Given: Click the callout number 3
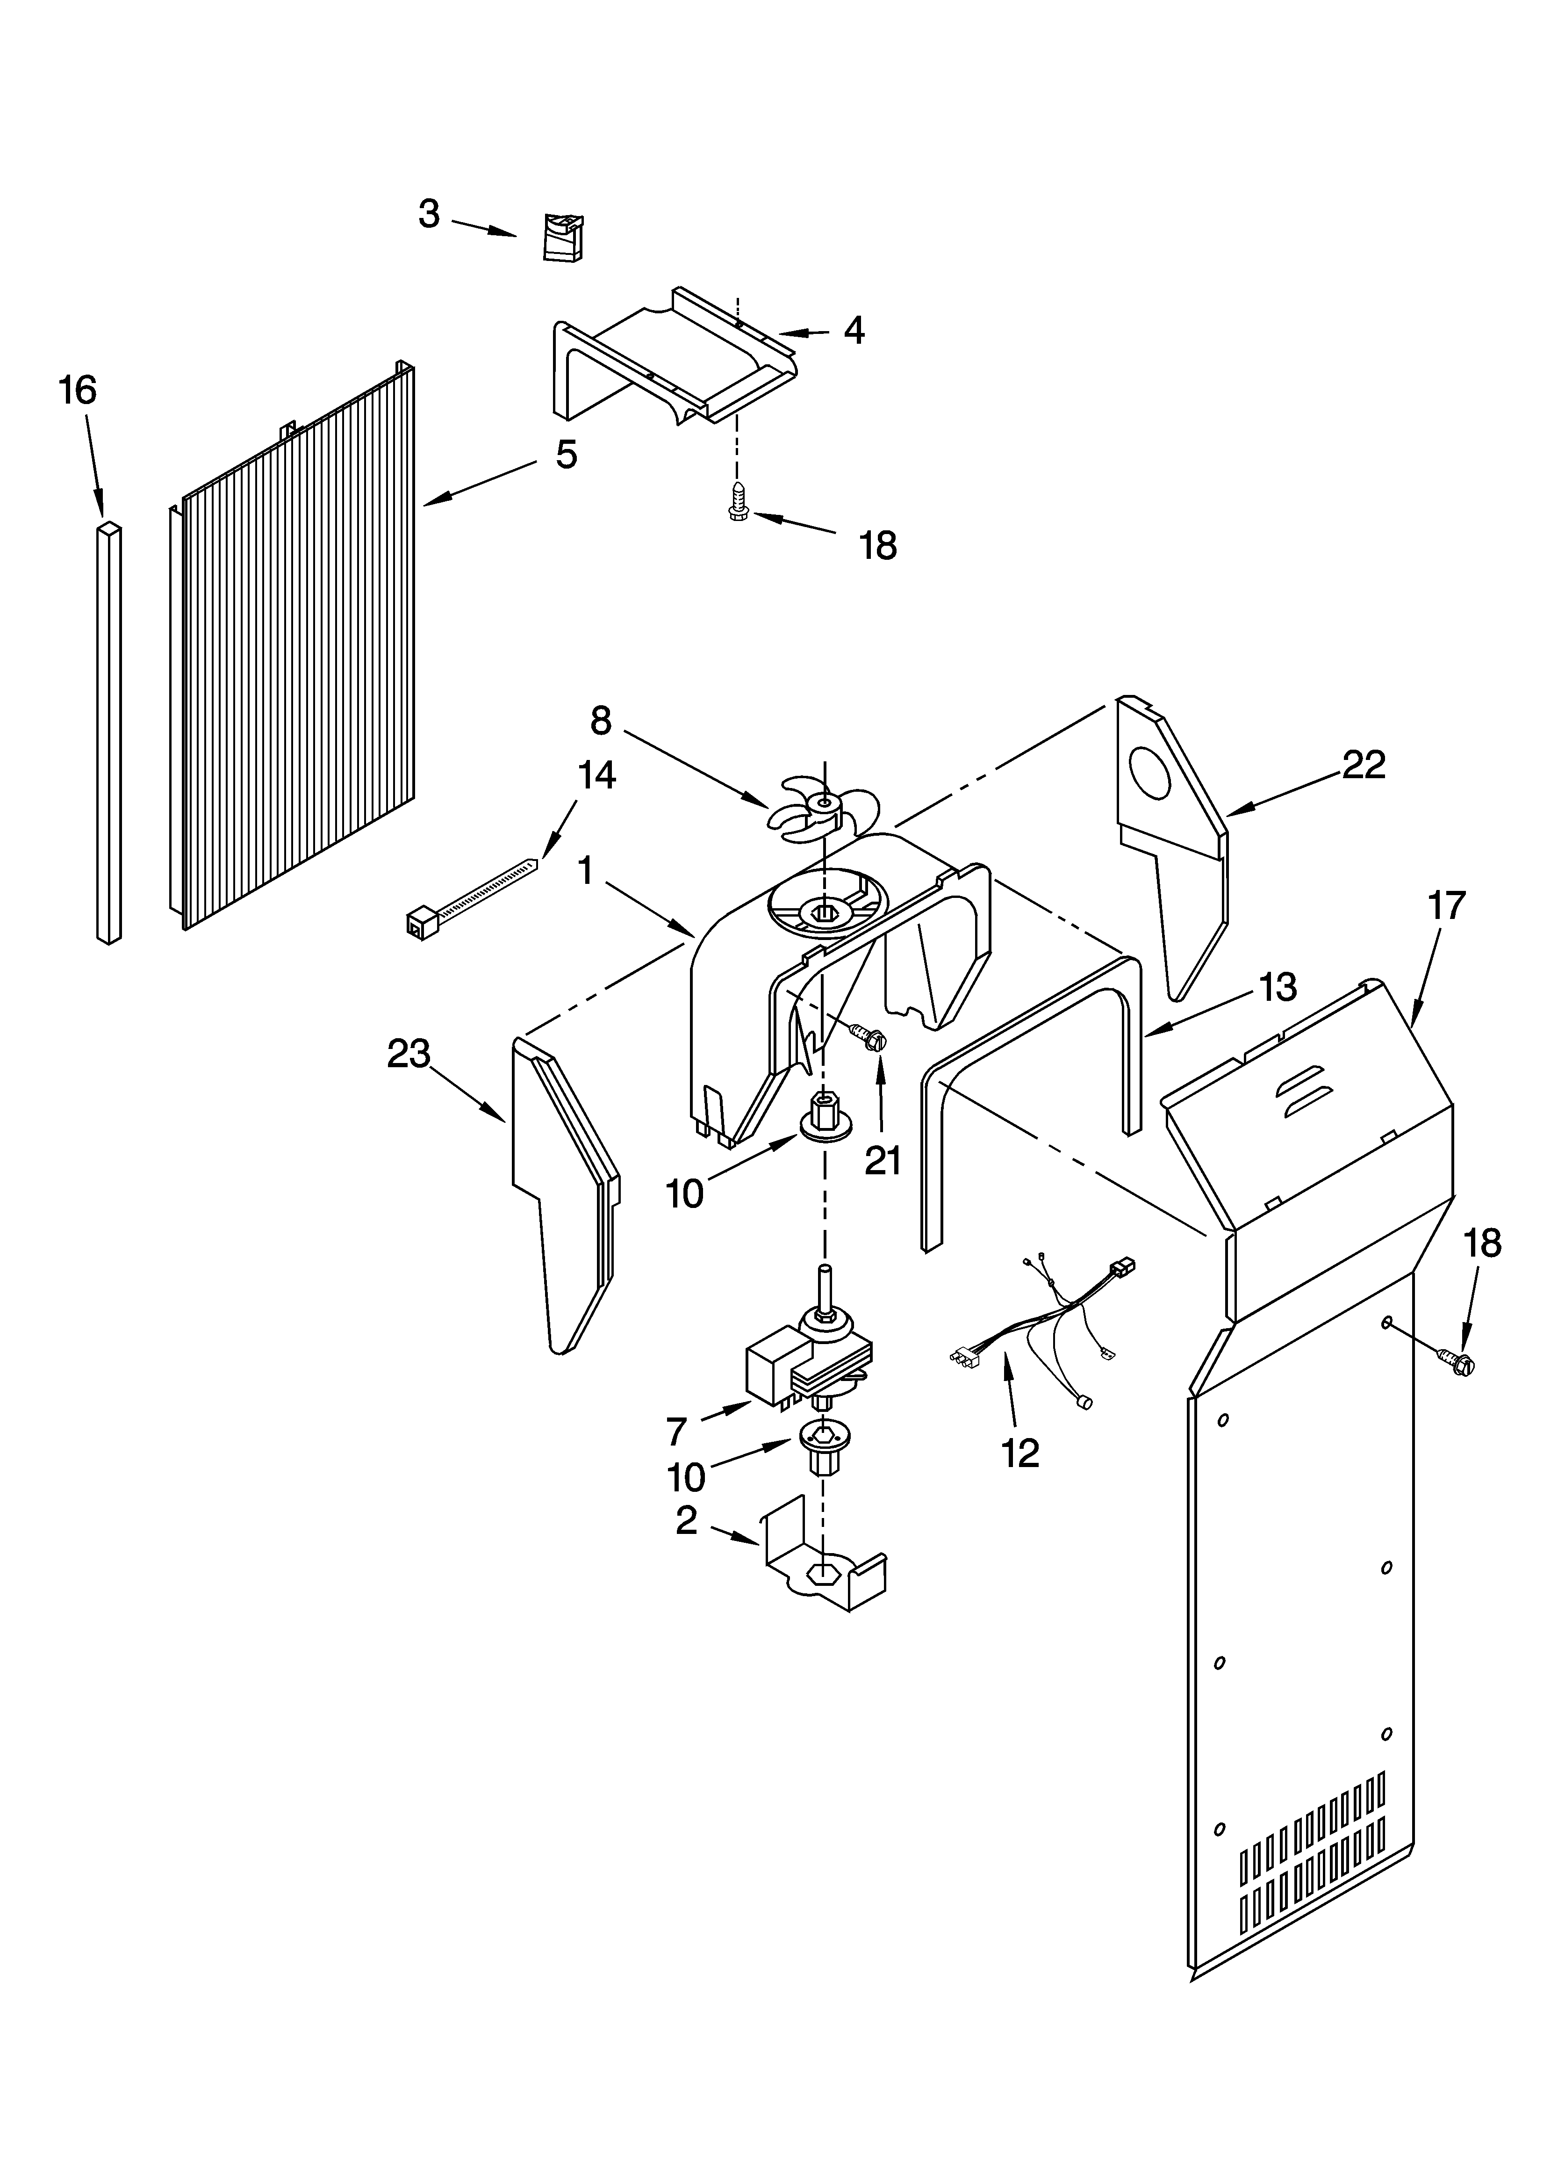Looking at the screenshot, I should click(429, 215).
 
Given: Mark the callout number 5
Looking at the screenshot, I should click(566, 455).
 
